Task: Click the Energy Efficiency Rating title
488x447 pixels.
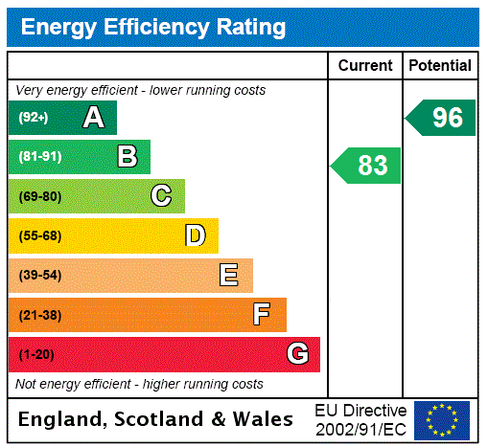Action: click(153, 27)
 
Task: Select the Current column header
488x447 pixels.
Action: click(365, 65)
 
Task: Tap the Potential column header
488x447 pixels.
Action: click(440, 65)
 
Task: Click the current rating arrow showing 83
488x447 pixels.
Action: click(367, 166)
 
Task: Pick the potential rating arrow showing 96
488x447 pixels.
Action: click(442, 118)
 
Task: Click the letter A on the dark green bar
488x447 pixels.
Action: click(93, 118)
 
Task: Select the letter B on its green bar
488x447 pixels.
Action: click(127, 157)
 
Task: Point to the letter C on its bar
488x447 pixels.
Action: click(161, 196)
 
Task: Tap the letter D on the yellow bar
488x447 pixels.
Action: click(195, 235)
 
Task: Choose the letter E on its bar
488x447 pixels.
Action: click(229, 276)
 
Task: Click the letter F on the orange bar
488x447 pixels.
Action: click(262, 315)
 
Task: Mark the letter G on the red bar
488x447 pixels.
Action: click(297, 354)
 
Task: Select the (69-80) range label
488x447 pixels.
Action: click(39, 197)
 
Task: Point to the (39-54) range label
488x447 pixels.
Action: click(39, 276)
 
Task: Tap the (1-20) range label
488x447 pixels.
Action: click(36, 355)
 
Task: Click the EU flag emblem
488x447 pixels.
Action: click(442, 419)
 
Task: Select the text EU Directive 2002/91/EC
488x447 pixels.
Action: click(360, 419)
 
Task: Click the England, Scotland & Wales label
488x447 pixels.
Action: click(156, 419)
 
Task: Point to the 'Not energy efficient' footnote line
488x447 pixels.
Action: click(139, 384)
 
